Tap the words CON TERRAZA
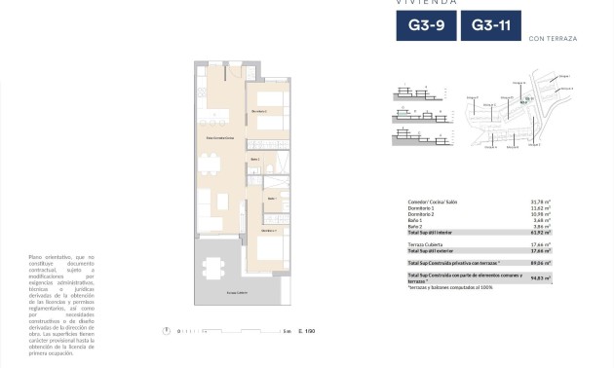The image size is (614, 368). (x=552, y=38)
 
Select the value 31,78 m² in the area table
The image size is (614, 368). (x=541, y=202)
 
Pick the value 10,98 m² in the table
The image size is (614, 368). (x=541, y=214)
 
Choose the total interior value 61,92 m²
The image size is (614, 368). (x=541, y=233)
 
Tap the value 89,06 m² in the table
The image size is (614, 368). (x=541, y=263)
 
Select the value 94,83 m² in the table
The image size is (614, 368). (x=541, y=277)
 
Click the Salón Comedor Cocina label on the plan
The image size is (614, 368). (x=219, y=140)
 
